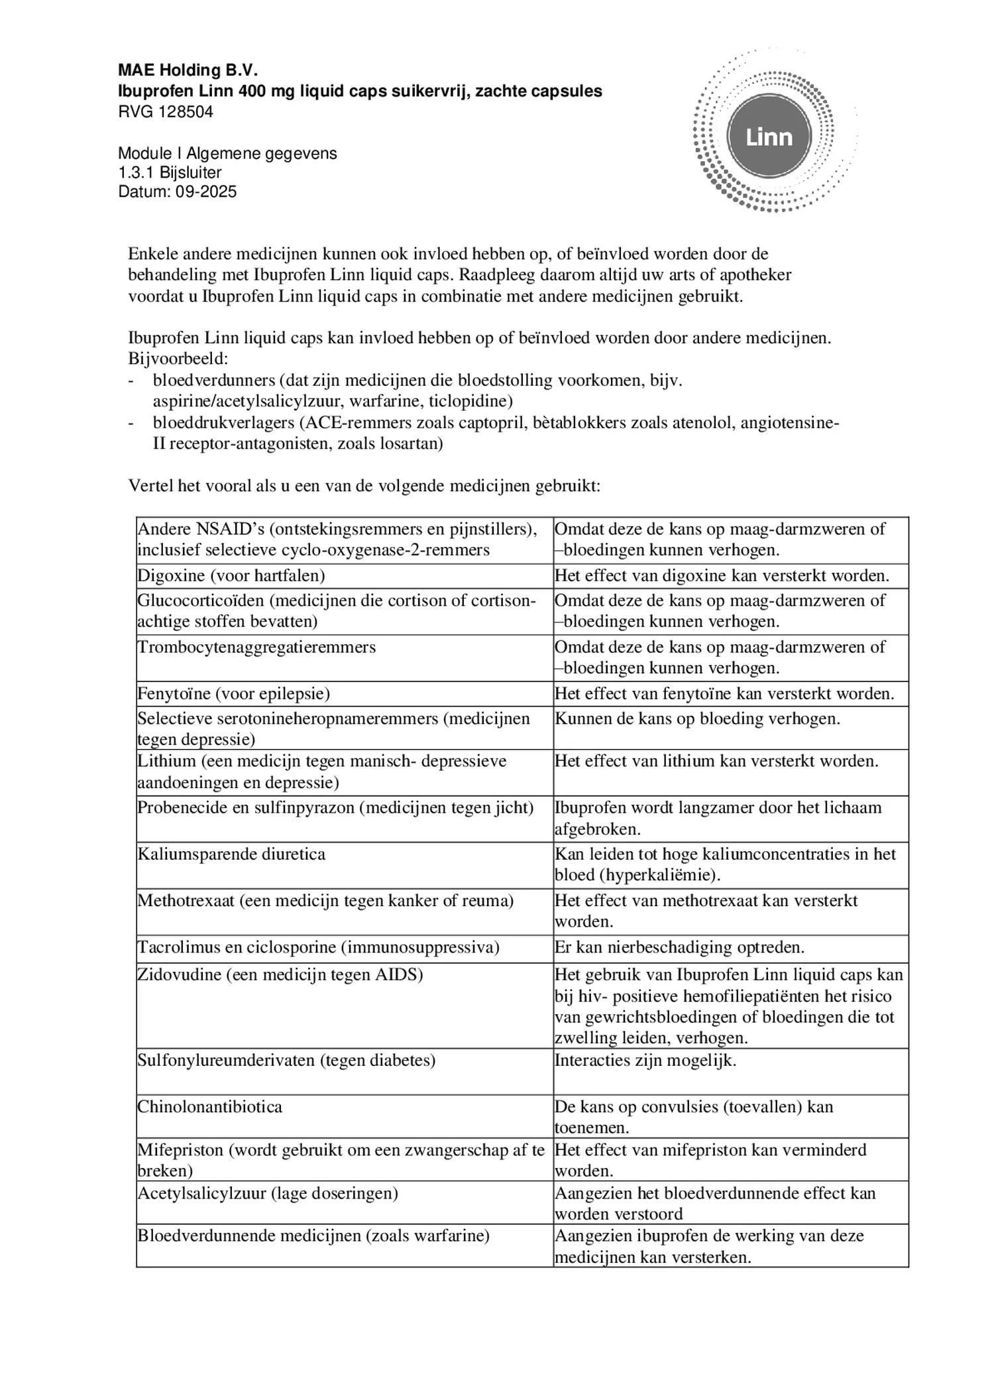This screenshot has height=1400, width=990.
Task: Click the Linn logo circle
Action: pos(769,137)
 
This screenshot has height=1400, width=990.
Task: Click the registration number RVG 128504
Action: pos(166,111)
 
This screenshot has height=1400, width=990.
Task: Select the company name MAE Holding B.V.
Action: pos(188,70)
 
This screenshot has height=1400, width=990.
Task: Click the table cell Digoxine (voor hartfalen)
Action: pos(231,575)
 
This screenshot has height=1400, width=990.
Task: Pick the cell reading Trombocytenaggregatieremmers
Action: pos(256,647)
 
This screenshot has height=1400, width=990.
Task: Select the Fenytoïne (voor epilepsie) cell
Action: pos(233,693)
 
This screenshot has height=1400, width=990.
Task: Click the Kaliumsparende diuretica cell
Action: pos(231,854)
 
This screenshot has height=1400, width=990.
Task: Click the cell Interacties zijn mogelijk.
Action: pos(645,1060)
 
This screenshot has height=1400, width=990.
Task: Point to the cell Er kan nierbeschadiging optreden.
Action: pos(679,947)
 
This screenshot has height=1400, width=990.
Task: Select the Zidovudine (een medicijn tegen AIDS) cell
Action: pos(280,974)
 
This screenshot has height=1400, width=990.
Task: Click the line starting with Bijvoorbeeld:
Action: pos(178,359)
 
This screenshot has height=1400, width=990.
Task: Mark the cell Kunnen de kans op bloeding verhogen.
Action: pos(697,719)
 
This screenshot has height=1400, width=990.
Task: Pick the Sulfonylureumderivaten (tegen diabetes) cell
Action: pos(286,1060)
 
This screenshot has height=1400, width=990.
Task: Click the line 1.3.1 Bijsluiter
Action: pos(170,172)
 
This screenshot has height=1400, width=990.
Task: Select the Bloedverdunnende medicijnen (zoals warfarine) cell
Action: pos(313,1236)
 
